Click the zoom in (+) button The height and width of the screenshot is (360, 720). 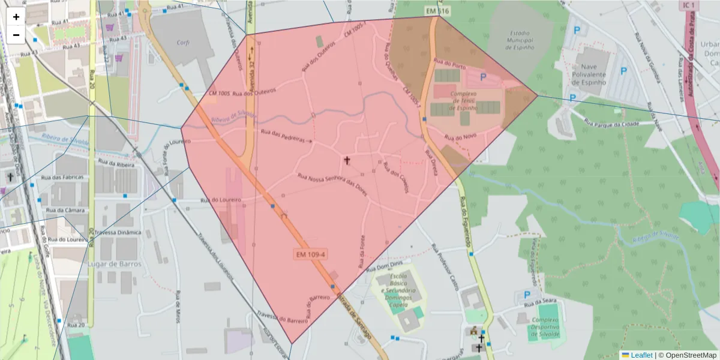click(x=16, y=17)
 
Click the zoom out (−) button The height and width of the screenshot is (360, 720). click(x=16, y=35)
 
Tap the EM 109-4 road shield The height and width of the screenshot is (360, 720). click(x=311, y=254)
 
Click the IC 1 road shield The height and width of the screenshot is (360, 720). click(x=689, y=5)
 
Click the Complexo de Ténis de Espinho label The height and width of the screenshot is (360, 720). click(x=463, y=101)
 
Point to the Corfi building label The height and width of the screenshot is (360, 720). click(x=183, y=43)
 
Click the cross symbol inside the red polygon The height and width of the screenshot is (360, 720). click(x=347, y=160)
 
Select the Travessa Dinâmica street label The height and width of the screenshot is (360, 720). click(x=118, y=232)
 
